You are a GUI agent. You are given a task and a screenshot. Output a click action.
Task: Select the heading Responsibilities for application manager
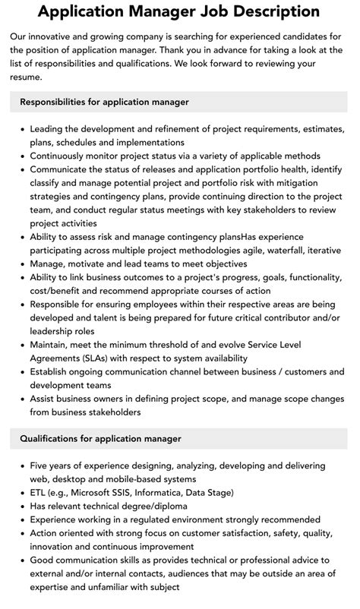coord(104,102)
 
